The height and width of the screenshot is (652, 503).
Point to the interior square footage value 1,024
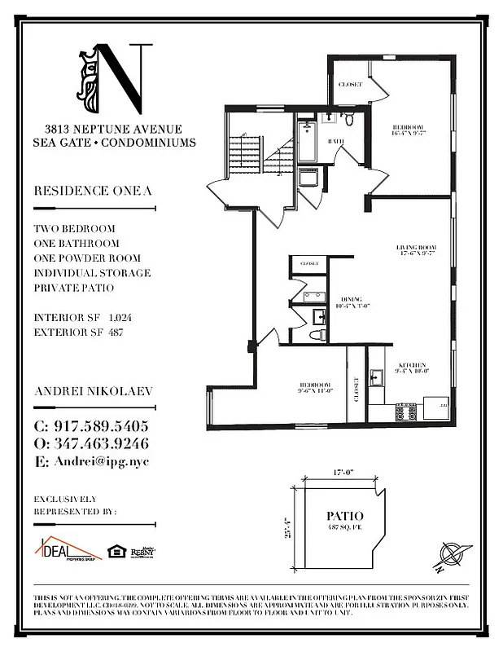119,319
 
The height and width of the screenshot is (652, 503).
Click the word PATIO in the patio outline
344,516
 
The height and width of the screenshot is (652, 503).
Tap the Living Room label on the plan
417,248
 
